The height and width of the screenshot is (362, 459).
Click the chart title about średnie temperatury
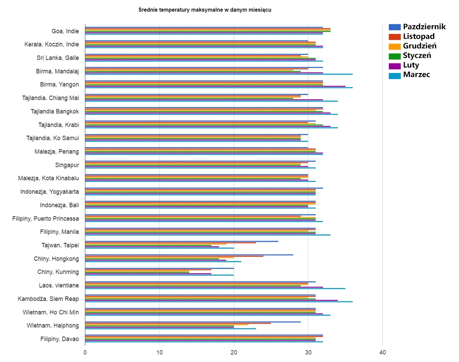pos(205,10)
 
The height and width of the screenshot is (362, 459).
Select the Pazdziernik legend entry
pos(424,27)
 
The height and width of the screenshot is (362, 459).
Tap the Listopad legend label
pos(419,36)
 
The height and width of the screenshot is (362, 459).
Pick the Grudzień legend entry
pos(420,46)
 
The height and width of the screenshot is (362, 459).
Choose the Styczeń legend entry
pos(417,56)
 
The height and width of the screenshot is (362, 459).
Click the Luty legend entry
pos(411,65)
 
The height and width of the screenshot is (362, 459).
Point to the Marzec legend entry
pos(416,75)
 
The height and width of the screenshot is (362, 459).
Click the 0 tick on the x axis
pos(85,352)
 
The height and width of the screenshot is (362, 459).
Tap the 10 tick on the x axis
pos(159,352)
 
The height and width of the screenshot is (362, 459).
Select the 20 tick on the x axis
pos(234,352)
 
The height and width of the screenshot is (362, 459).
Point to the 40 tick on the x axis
pos(383,352)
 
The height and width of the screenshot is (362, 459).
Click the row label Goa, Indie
pos(65,31)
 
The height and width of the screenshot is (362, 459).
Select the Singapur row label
pos(67,164)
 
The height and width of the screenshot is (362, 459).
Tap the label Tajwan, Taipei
pos(60,245)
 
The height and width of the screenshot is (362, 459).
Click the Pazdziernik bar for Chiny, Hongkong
pos(189,255)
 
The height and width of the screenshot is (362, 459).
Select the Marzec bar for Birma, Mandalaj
pos(218,74)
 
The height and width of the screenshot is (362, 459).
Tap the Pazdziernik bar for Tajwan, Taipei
pos(181,241)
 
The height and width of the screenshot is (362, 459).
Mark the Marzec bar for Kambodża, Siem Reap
pos(218,301)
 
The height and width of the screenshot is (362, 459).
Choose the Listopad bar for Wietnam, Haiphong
pos(178,323)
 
